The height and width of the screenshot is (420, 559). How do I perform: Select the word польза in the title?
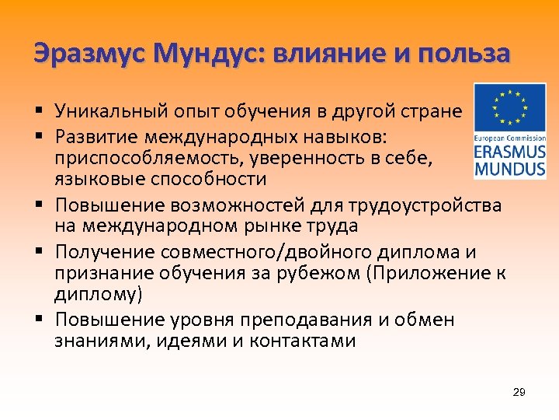pyautogui.click(x=463, y=54)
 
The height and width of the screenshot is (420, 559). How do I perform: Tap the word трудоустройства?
pyautogui.click(x=431, y=206)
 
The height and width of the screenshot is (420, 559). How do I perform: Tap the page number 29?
pyautogui.click(x=519, y=392)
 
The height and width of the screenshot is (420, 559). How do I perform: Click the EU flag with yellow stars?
pyautogui.click(x=509, y=107)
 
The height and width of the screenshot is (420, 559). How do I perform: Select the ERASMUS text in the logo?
pyautogui.click(x=509, y=151)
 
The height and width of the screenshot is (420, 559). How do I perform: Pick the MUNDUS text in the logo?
pyautogui.click(x=509, y=167)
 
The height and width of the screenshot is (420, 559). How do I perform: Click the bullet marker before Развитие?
pyautogui.click(x=38, y=137)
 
